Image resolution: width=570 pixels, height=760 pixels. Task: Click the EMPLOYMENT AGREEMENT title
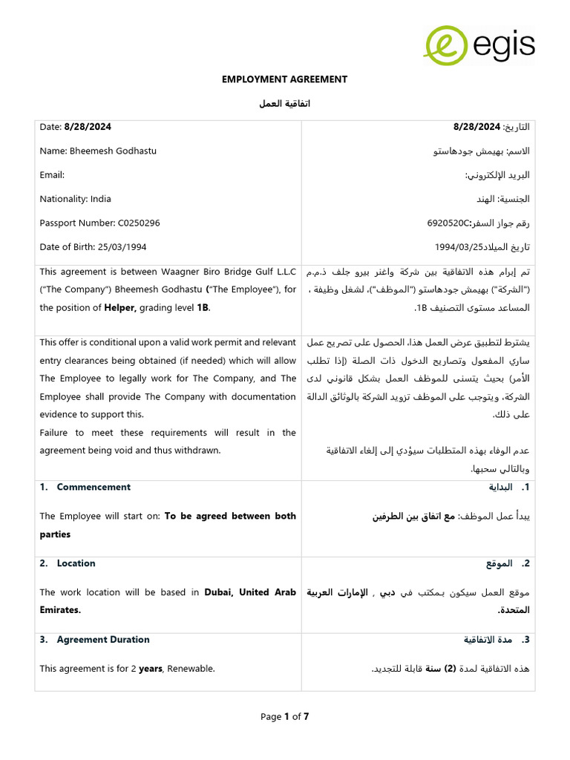click(x=285, y=79)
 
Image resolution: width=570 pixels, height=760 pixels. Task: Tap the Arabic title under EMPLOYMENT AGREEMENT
click(x=285, y=103)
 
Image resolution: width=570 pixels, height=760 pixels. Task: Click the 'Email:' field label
click(x=52, y=175)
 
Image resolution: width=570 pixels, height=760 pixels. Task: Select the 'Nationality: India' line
click(x=75, y=199)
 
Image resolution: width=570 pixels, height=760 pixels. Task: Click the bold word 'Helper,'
click(x=119, y=307)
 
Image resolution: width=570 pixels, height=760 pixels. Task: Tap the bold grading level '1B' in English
click(x=203, y=307)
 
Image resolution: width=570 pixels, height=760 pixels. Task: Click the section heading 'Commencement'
click(x=94, y=487)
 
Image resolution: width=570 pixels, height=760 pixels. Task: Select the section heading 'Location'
click(x=76, y=563)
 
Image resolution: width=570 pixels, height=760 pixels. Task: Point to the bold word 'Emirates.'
click(x=60, y=610)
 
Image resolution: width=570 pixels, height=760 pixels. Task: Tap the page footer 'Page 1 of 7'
click(x=284, y=716)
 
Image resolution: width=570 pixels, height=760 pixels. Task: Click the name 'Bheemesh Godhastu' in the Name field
click(x=113, y=151)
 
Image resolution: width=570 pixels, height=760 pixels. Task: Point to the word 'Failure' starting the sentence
click(x=56, y=432)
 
